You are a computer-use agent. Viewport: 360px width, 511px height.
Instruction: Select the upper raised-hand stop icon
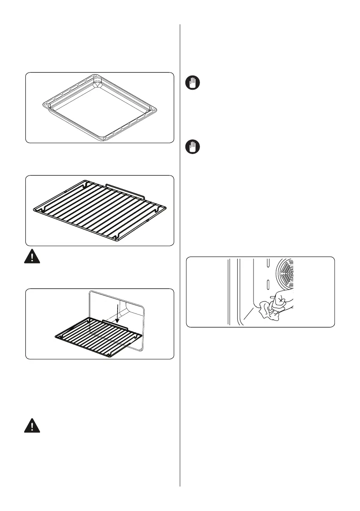point(193,83)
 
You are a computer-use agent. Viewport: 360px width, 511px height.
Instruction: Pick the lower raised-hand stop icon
point(193,148)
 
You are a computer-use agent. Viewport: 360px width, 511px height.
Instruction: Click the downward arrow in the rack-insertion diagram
point(116,313)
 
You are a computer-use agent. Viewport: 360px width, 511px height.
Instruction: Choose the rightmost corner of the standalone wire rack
point(166,208)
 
